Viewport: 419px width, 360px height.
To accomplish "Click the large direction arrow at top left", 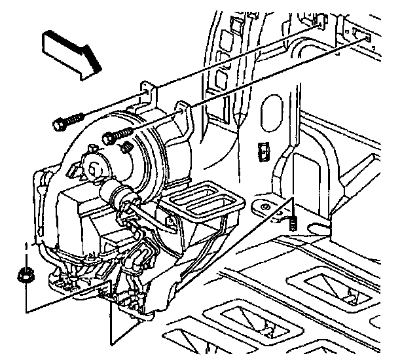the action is (71, 54).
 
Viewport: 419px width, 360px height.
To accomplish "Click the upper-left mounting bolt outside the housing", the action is (67, 122).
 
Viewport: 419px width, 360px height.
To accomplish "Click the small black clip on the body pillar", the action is (263, 151).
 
